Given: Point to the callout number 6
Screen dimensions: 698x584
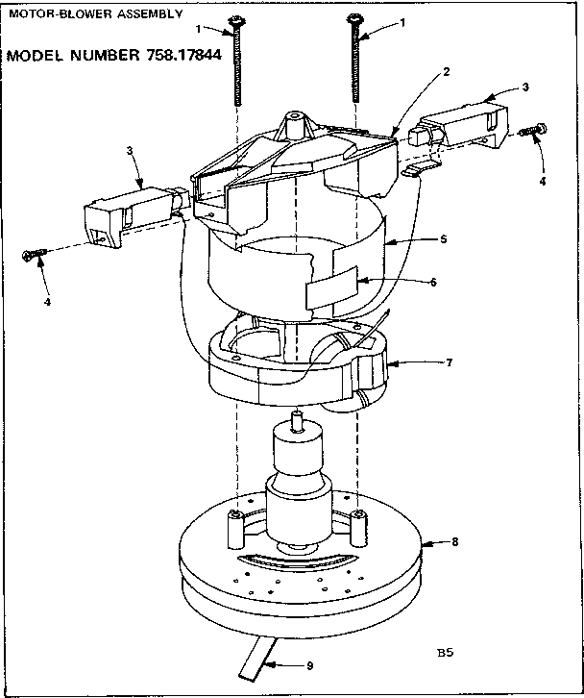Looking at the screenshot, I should click(x=432, y=282).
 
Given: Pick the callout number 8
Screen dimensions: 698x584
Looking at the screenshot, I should click(x=454, y=542).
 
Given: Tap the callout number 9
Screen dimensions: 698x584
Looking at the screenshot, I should click(x=310, y=664).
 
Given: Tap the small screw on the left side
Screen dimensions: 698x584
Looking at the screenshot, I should click(x=35, y=254).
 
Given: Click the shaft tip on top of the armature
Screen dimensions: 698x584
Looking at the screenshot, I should click(x=295, y=417).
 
